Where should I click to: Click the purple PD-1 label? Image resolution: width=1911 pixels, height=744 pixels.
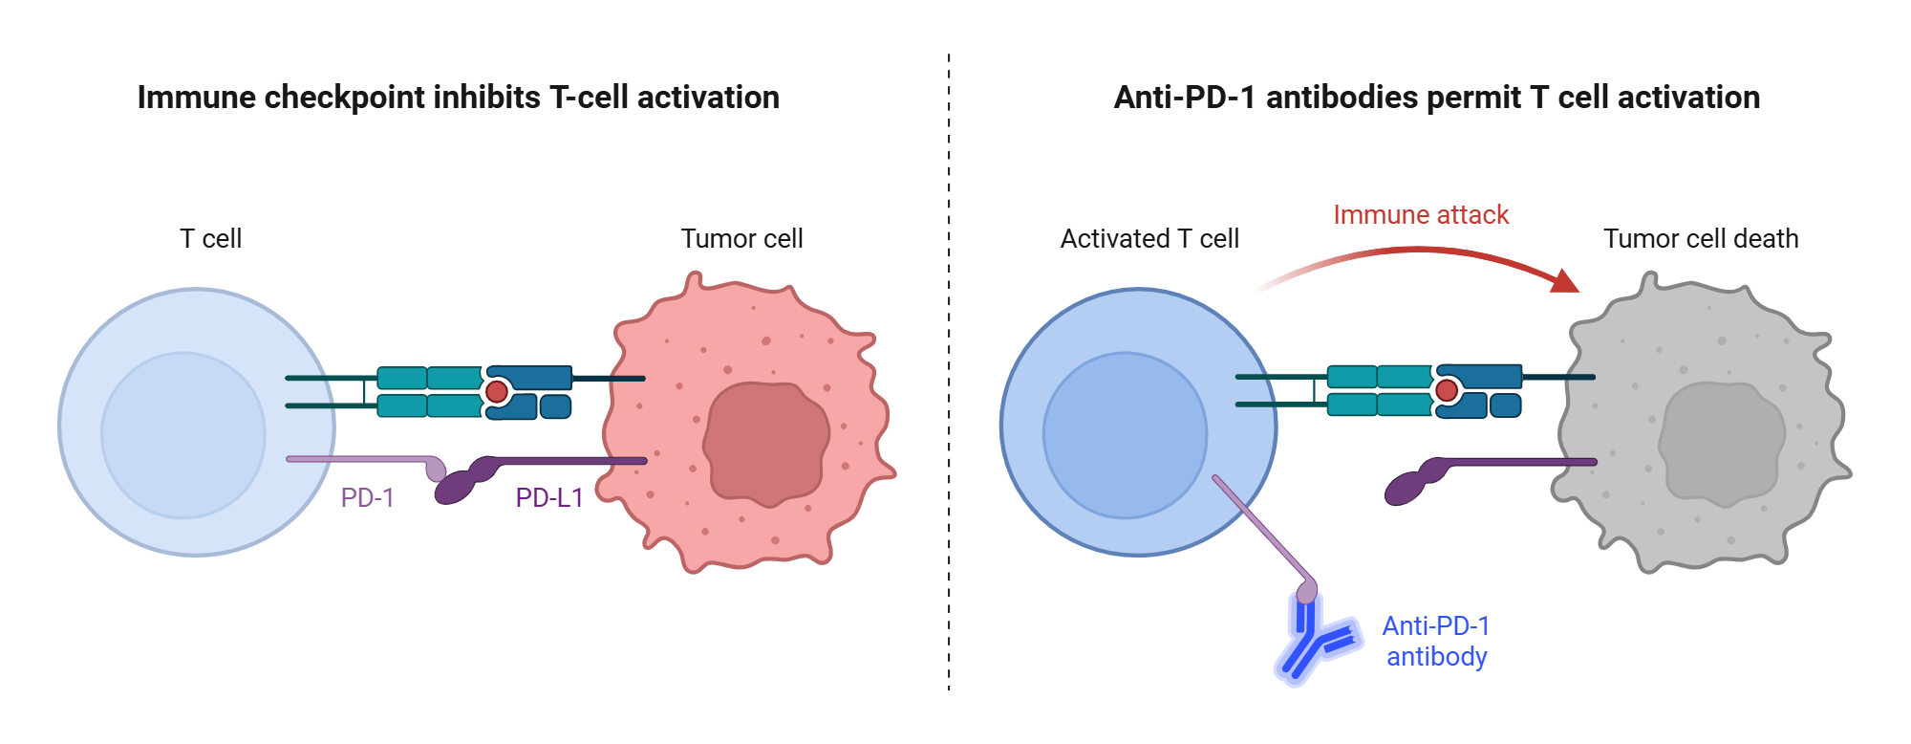[367, 497]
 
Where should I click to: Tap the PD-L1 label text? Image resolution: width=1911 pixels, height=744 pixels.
[548, 497]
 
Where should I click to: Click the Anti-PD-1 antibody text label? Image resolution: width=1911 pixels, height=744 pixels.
[1436, 641]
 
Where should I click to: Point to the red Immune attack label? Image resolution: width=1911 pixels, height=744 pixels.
[1421, 215]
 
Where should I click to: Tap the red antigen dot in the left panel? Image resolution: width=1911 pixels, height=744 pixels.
[497, 391]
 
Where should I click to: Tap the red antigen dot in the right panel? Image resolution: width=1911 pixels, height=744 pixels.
[1447, 389]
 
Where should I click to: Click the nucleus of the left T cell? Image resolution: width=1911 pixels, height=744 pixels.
[183, 435]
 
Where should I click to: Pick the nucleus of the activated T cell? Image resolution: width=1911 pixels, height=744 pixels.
[1125, 435]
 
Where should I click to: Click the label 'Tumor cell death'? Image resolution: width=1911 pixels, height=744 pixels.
[1701, 239]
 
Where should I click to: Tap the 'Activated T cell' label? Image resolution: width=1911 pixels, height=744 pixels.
[1149, 239]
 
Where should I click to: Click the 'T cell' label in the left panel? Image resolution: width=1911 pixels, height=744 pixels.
[210, 239]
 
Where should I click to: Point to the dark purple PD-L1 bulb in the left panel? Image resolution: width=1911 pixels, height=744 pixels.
[457, 486]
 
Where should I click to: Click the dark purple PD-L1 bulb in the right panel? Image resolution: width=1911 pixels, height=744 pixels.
[1406, 487]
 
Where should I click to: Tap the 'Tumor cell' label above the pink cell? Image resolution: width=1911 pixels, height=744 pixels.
[741, 239]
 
